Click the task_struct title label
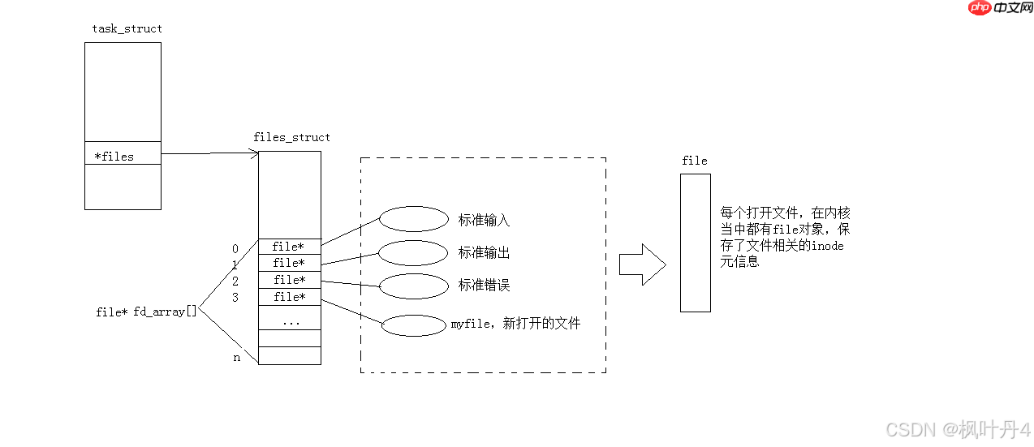127,28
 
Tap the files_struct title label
291,137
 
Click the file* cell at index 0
289,247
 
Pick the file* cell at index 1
289,263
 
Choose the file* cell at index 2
289,280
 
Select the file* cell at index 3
289,297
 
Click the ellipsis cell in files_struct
290,321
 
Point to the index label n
237,357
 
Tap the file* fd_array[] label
146,312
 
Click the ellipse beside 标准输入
414,219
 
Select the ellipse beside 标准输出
414,252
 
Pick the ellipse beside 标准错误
414,286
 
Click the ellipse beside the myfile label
414,325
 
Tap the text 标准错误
484,286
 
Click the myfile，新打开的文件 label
515,324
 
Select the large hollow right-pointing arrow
642,264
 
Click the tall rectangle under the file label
695,243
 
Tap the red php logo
980,7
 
